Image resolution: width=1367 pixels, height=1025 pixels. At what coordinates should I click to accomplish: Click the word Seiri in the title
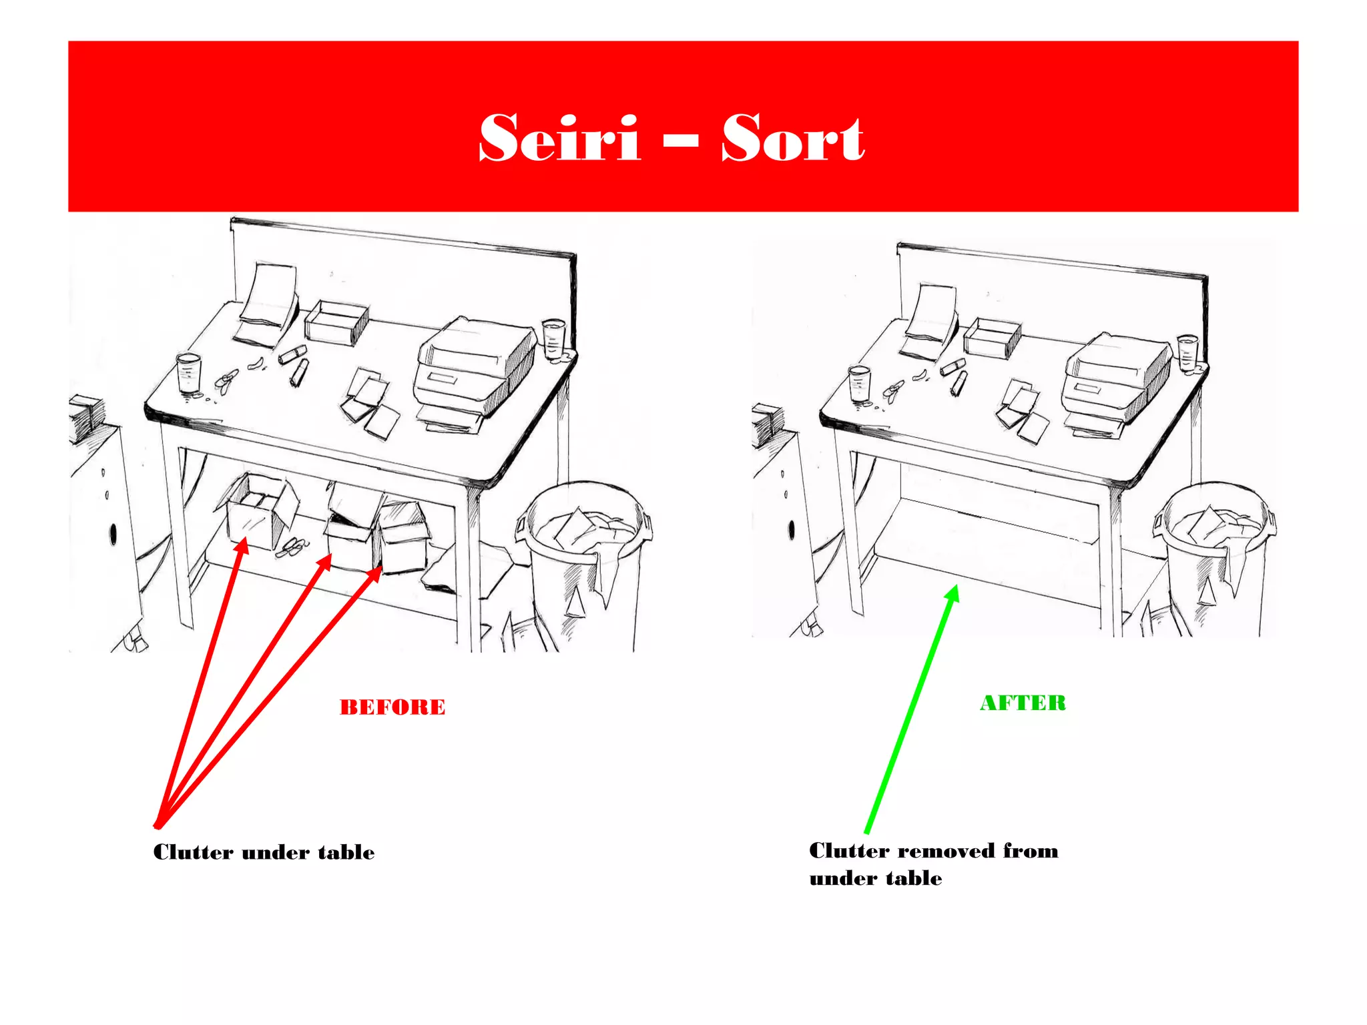click(559, 138)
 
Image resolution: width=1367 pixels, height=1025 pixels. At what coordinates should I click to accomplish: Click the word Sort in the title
click(792, 138)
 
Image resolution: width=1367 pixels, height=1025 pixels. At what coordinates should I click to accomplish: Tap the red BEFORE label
click(392, 707)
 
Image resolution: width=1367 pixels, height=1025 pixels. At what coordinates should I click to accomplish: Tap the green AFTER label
click(1023, 703)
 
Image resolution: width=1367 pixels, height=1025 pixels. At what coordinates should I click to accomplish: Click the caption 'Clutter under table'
click(264, 852)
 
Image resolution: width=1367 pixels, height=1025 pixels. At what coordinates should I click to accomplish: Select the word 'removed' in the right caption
click(946, 851)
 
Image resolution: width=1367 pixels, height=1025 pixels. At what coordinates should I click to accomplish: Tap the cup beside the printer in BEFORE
click(553, 340)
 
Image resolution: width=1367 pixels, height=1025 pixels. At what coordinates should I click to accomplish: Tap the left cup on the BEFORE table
click(189, 374)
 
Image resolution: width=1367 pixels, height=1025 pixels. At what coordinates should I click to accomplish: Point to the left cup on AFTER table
click(859, 384)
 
